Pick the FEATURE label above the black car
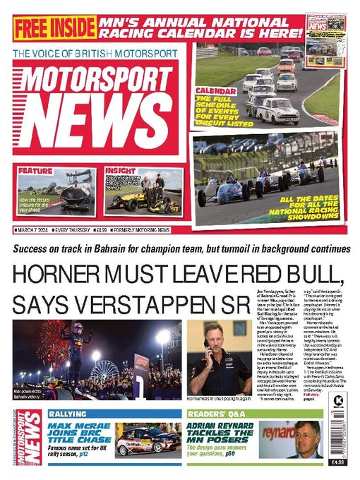[35, 171]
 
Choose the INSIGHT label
[120, 171]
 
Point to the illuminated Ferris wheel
[102, 371]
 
